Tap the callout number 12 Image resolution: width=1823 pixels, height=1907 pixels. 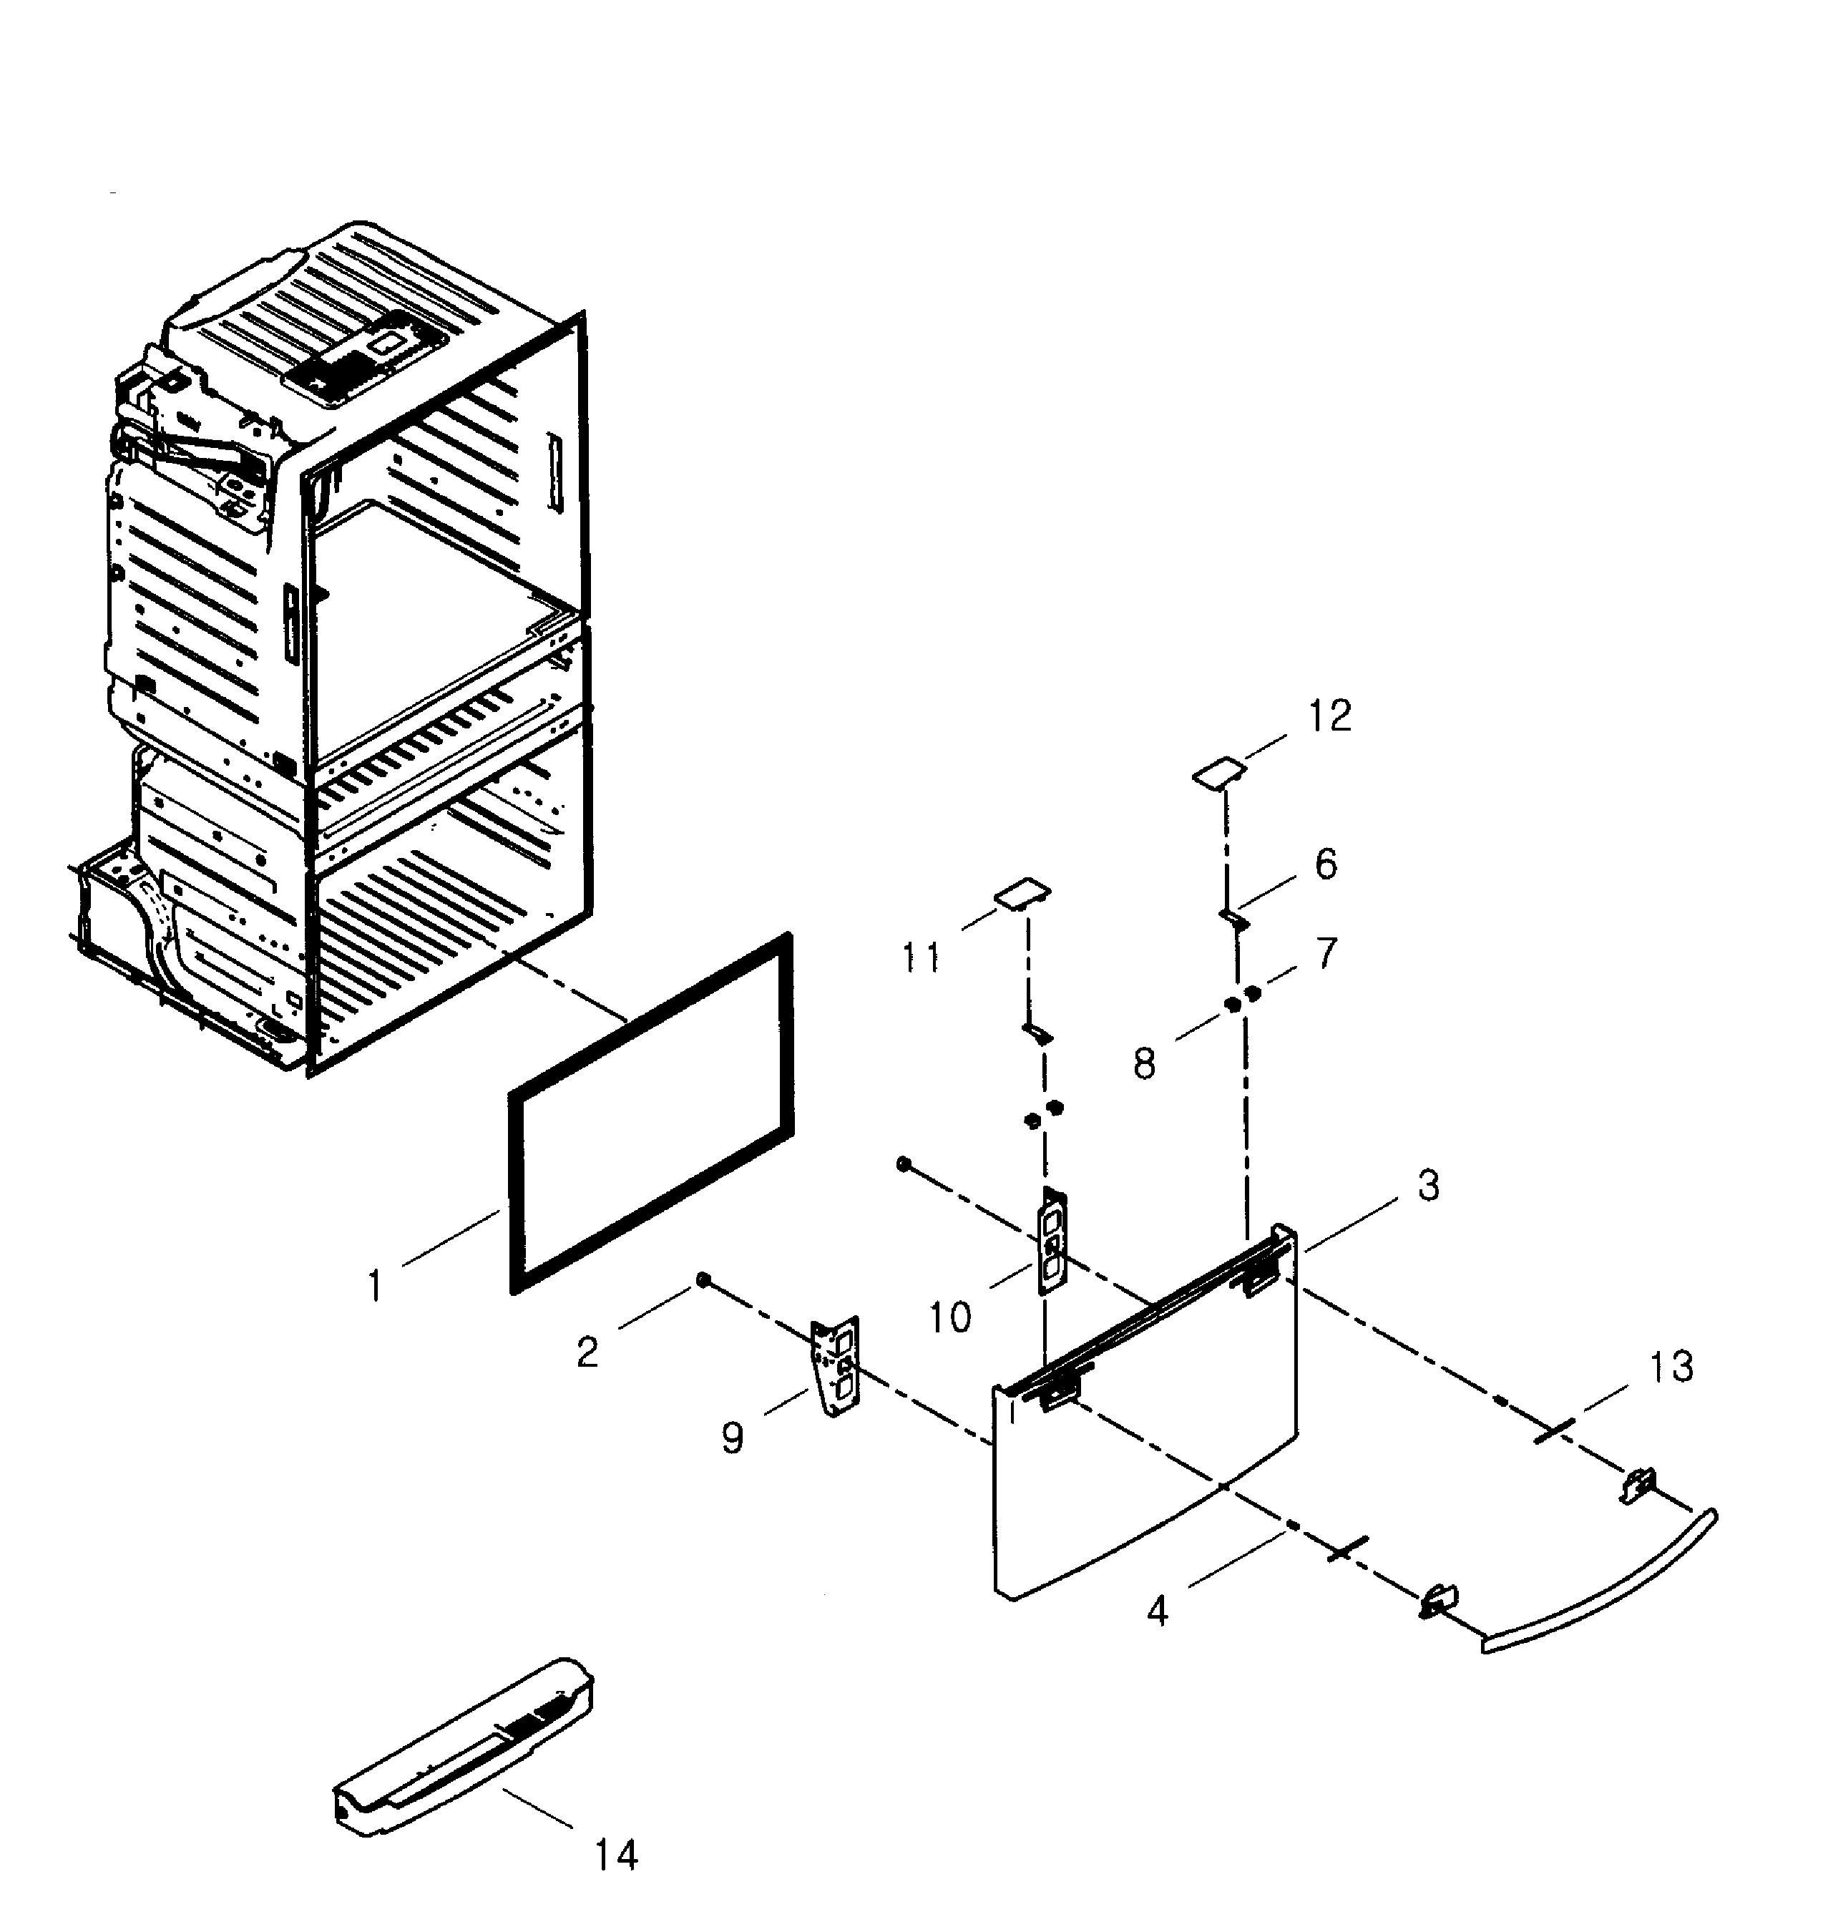(x=1329, y=717)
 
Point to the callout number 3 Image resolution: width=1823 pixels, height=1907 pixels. (x=1427, y=1186)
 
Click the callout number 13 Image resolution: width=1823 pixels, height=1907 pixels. (x=1671, y=1367)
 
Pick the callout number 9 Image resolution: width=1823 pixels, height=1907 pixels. (x=733, y=1437)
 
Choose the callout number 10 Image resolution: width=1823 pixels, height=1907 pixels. (x=949, y=1318)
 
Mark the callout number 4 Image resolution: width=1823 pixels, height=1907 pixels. (x=1156, y=1611)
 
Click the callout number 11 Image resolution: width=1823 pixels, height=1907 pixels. (x=920, y=958)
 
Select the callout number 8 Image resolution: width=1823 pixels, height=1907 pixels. (x=1145, y=1063)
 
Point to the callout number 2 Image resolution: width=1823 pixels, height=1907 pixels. (x=587, y=1351)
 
